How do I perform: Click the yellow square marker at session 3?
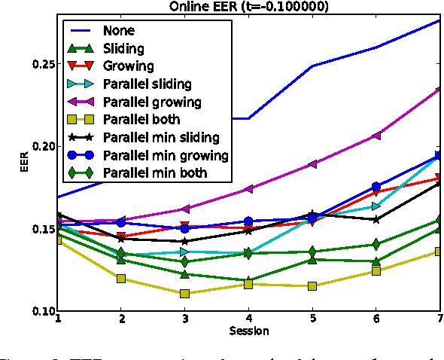point(184,294)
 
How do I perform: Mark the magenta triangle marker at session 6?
point(376,136)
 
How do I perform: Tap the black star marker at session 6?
point(376,219)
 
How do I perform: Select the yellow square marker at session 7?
point(440,252)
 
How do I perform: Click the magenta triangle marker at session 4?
point(248,189)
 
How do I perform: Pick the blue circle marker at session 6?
point(376,186)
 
